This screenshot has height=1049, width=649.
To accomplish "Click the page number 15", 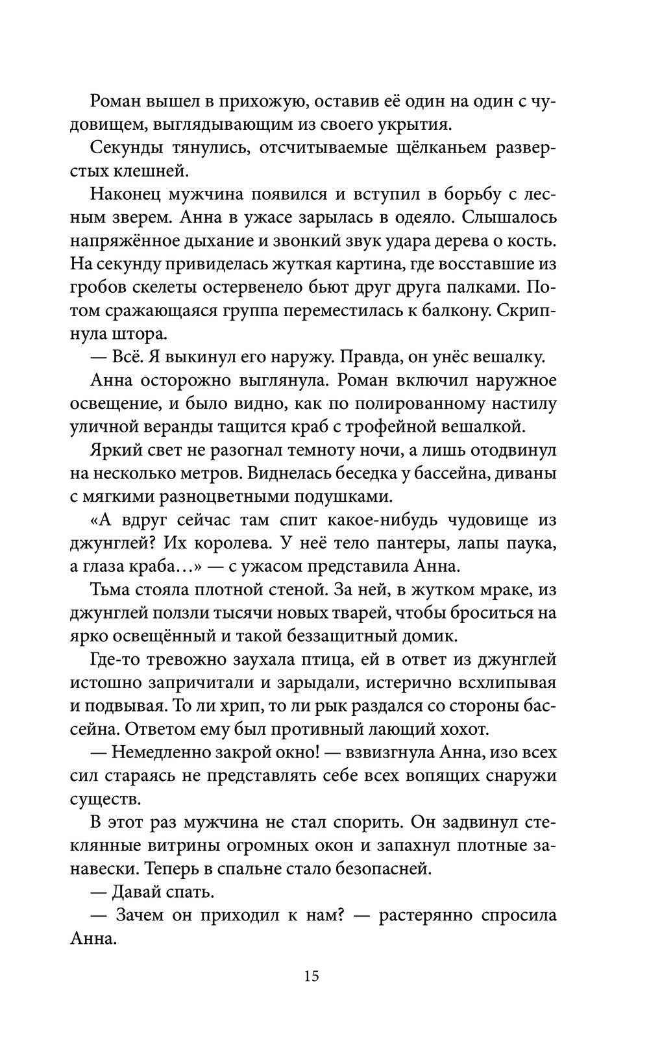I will pyautogui.click(x=311, y=976).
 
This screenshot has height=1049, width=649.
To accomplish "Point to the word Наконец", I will pyautogui.click(x=126, y=194).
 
